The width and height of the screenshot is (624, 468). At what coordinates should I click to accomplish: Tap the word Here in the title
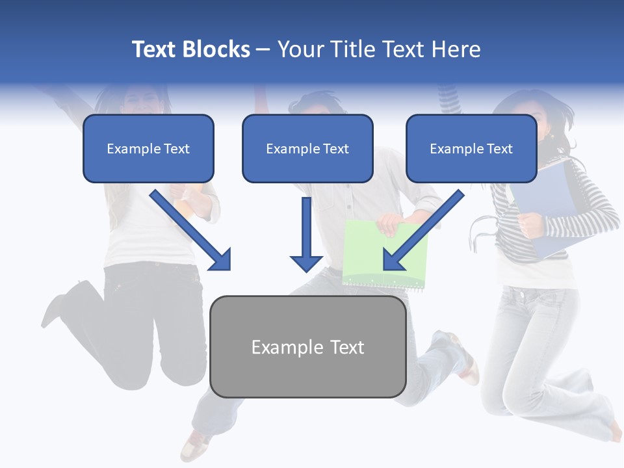pyautogui.click(x=456, y=49)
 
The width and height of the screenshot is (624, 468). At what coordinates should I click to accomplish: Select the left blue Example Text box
pyautogui.click(x=148, y=148)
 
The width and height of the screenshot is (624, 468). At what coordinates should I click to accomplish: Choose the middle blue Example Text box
pyautogui.click(x=307, y=148)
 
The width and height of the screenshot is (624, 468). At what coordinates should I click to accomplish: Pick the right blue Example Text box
pyautogui.click(x=471, y=148)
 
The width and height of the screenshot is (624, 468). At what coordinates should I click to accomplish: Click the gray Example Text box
pyautogui.click(x=308, y=347)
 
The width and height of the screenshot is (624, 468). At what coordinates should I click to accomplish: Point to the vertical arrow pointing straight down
pyautogui.click(x=306, y=234)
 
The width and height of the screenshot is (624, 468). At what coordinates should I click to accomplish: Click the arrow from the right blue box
pyautogui.click(x=422, y=230)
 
